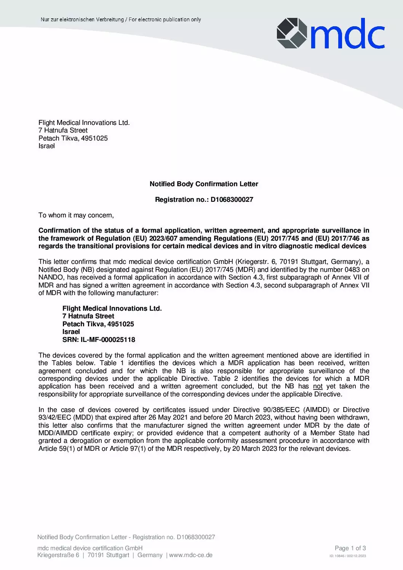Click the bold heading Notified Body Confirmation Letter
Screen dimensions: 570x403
[204, 184]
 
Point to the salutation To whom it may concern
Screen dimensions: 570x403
[76, 215]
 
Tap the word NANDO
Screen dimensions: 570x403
[50, 278]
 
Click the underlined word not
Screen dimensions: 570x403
[318, 386]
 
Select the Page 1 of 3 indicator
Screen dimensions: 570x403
[350, 548]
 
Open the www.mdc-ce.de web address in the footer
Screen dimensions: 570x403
[190, 555]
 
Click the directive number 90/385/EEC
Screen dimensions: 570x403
[281, 410]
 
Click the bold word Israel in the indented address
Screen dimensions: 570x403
[71, 332]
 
